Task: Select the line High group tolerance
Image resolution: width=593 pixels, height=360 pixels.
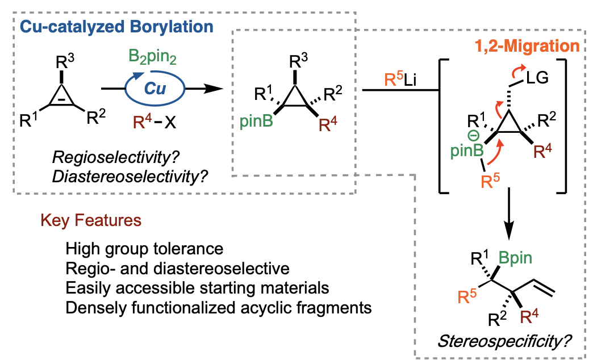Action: pyautogui.click(x=144, y=249)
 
